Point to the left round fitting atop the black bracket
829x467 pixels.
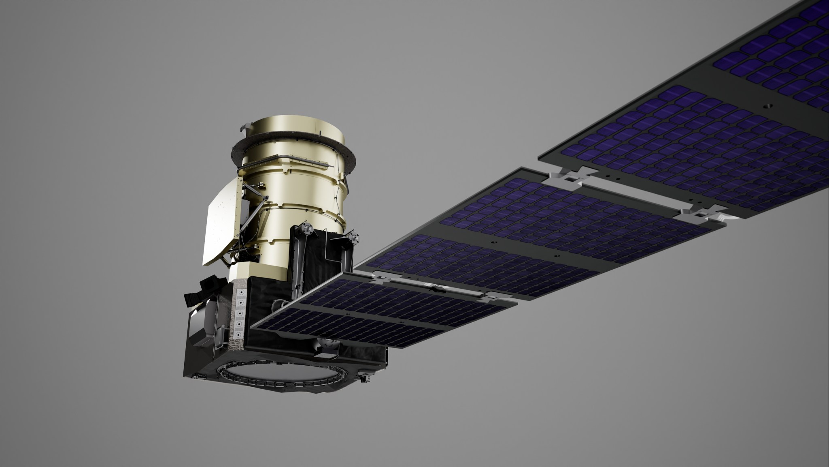308,230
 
